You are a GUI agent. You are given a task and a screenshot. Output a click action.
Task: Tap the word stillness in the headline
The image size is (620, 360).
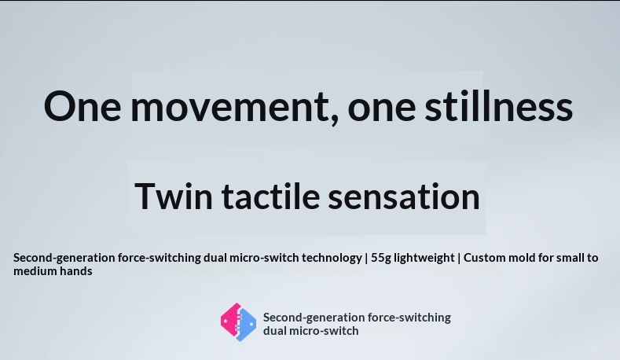pos(499,105)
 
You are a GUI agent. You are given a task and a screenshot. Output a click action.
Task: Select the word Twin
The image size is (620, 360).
pos(174,197)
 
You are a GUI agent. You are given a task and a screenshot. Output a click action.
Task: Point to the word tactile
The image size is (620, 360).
pos(270,196)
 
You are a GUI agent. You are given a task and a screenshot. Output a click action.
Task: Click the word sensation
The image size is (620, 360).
pos(404,197)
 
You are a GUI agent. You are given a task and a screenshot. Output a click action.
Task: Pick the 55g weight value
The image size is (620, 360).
pos(381,259)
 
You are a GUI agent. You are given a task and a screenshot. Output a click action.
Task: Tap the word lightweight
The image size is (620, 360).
pos(424,259)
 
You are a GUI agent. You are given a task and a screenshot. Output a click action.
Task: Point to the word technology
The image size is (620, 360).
pos(332,259)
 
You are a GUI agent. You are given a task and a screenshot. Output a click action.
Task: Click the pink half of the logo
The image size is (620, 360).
pos(229,321)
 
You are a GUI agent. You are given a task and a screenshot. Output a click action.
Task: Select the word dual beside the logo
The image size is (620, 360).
pos(275,331)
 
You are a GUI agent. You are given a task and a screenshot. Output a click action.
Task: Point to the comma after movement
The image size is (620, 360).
pos(334,119)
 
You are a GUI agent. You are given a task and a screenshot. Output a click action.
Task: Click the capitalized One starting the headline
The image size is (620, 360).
pos(83,106)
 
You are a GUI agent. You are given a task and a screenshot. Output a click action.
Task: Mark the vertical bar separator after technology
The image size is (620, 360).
pos(366,259)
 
